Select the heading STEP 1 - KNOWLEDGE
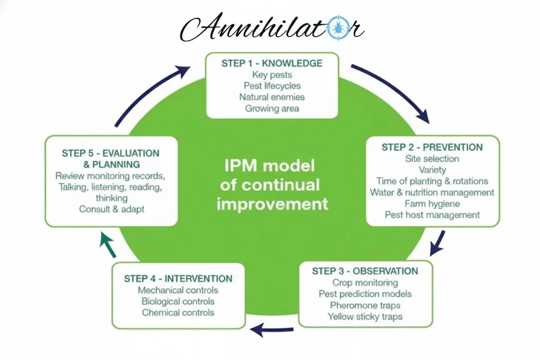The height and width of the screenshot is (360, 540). coord(272,63)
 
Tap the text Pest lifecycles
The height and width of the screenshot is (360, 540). coord(272,85)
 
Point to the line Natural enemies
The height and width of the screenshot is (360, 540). coord(272,97)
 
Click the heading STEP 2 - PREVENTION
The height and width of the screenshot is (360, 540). coord(432,147)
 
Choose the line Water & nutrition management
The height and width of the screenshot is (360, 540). coord(432,192)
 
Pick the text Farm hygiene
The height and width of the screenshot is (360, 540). coord(432,203)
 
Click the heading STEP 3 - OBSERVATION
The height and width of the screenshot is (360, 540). coord(365,271)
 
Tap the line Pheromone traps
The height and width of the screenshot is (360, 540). coord(365,305)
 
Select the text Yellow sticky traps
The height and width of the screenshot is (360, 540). coord(365,317)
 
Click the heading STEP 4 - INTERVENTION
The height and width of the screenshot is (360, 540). coord(178,278)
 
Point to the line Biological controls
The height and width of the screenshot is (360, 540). coord(178,301)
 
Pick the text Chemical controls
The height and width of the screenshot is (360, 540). coord(178,313)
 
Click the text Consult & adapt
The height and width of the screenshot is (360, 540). coord(112,209)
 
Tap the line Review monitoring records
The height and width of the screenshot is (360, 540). coord(112,176)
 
